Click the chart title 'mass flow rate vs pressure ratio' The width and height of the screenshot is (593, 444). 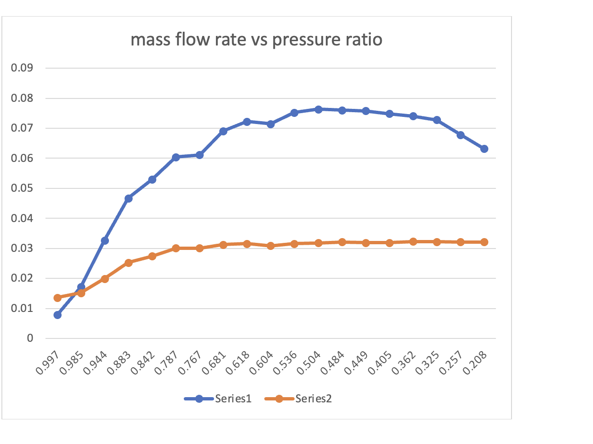(256, 40)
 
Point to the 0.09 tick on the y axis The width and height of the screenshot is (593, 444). (23, 68)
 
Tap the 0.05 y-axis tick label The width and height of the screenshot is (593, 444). (23, 188)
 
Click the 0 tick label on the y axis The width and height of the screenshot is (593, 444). (30, 338)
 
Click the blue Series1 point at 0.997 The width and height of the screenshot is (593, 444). (57, 315)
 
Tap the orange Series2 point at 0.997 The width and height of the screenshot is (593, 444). (57, 298)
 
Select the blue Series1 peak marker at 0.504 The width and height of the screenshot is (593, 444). (318, 109)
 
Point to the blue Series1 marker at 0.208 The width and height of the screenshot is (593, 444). (484, 149)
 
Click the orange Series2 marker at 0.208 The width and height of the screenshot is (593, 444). (484, 242)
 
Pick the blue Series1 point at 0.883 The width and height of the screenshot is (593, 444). (128, 198)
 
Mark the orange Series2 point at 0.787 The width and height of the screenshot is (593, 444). (176, 248)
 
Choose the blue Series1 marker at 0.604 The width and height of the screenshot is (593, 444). (270, 124)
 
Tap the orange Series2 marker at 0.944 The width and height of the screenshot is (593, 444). (105, 279)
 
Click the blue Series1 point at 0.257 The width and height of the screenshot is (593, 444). (460, 135)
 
